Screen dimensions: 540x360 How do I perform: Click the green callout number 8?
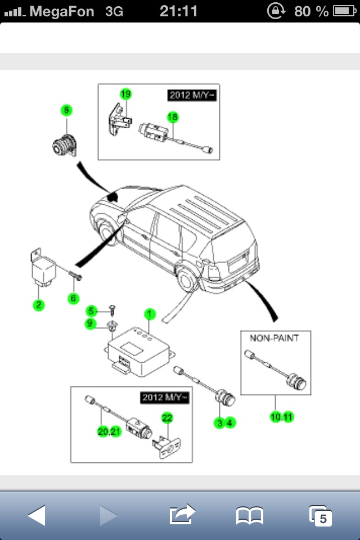coord(67,111)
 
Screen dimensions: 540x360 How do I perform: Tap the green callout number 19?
coord(125,93)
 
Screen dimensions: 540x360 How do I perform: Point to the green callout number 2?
coord(38,305)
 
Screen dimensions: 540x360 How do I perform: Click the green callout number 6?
coord(73,298)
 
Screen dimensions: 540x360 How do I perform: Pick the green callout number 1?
coord(149,313)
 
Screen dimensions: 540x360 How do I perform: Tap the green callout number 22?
coord(166,418)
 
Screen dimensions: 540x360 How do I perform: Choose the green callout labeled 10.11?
coord(281,417)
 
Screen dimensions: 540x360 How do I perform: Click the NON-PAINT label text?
coord(274,338)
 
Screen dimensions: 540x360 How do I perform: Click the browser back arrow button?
coord(37,515)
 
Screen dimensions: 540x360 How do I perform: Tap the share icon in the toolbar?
coord(182,514)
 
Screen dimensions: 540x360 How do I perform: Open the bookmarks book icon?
coord(250,515)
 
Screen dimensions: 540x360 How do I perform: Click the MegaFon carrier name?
coord(62,11)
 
